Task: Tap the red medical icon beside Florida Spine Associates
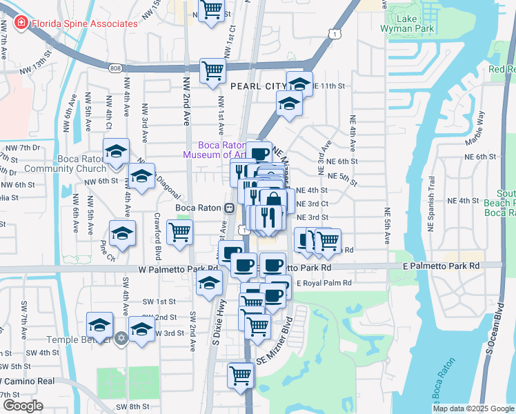point(21,23)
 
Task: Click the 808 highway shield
point(116,67)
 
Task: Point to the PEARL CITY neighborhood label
point(257,86)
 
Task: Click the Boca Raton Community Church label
point(63,164)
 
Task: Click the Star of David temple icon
point(122,339)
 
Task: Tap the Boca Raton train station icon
point(230,208)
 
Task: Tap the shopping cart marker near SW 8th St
point(241,375)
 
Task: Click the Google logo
point(23,406)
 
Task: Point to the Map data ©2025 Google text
point(473,408)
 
